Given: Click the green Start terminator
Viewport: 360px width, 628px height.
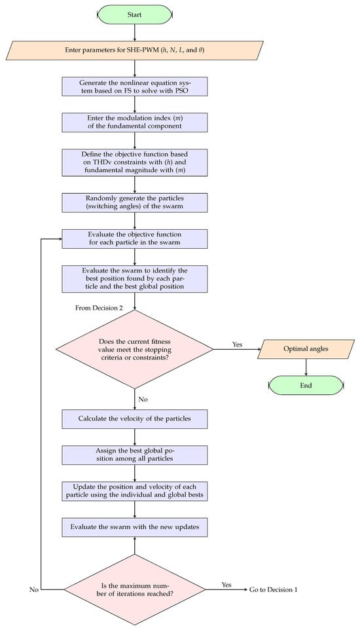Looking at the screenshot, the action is pos(135,14).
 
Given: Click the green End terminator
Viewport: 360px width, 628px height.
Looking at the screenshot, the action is pos(306,385).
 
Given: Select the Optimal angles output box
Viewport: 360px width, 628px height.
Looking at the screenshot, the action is pos(306,349).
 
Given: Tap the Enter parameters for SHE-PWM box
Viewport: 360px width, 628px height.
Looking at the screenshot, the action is pos(135,50).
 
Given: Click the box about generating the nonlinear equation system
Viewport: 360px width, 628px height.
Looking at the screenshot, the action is pos(135,86).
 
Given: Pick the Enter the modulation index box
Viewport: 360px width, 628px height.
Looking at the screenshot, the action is pos(135,122).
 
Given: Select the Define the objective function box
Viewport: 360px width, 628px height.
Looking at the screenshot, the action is pos(135,162).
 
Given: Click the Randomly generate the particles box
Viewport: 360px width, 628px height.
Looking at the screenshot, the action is pos(135,202).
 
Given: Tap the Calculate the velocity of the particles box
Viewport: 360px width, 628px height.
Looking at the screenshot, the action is pos(135,419).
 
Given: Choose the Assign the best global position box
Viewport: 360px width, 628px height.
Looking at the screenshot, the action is pos(135,455).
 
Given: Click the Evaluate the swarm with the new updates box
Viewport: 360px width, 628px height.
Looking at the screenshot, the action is pos(135,527).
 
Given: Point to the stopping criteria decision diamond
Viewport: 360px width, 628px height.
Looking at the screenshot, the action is pos(135,349).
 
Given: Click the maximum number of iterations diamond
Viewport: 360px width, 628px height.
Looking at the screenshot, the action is pos(135,589).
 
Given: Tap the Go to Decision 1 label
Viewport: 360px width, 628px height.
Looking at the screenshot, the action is pos(274,589).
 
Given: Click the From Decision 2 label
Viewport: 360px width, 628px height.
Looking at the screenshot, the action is pos(99,308).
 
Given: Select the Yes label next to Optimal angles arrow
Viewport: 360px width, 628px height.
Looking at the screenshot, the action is pos(238,344).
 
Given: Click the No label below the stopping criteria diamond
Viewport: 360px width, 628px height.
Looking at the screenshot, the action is pos(143,399).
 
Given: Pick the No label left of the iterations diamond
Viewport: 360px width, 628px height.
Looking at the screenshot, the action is pos(34,589).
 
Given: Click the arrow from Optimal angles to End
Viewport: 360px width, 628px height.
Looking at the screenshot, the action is pos(306,367).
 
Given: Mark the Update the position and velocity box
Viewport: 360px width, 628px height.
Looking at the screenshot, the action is pos(135,491).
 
